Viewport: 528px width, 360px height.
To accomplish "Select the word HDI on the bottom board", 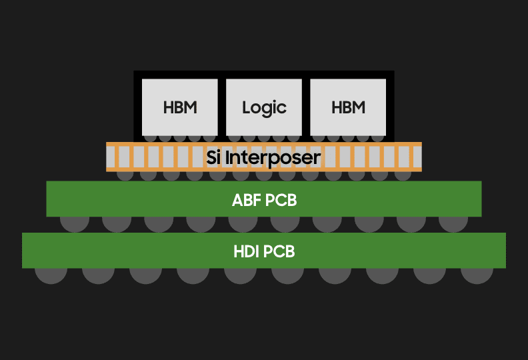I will pos(247,252).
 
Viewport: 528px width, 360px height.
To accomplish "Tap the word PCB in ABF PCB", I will pos(281,199).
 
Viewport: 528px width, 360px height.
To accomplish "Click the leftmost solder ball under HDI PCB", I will pos(51,273).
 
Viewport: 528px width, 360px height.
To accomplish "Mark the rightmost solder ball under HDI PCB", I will pos(477,273).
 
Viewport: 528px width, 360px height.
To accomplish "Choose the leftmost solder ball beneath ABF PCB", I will pos(75,221).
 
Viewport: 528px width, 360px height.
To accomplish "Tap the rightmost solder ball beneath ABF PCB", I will pos(453,221).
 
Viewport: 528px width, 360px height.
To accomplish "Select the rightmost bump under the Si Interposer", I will pos(403,175).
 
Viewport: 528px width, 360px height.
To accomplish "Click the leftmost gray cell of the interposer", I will pos(112,157).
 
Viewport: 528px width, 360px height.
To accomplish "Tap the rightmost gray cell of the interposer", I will pos(417,157).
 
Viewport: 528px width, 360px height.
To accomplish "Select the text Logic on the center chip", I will pos(264,107).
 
